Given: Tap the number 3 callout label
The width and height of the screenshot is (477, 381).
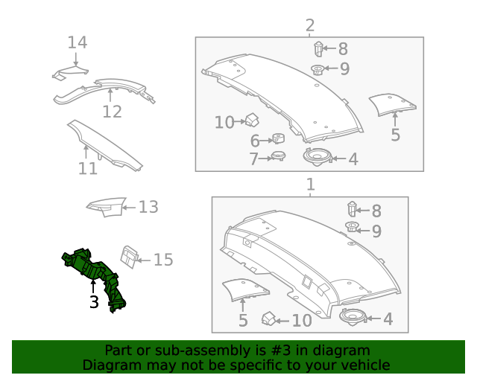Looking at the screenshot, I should point(94,303).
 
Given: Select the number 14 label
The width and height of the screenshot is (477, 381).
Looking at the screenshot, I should point(78,42).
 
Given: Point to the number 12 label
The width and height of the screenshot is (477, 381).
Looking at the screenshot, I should point(112,112).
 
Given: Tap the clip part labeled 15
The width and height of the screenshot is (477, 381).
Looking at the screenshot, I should point(129,256).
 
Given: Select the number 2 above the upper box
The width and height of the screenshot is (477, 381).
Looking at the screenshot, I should point(309,27).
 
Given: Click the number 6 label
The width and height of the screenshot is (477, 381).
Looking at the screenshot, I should point(255,141).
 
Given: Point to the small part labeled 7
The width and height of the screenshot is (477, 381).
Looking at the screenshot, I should point(279,156).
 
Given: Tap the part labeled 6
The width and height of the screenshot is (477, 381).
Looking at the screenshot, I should point(279,138).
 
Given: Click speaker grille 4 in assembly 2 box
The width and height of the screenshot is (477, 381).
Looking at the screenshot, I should point(316,156).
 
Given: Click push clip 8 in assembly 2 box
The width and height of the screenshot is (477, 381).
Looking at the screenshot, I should point(318,50).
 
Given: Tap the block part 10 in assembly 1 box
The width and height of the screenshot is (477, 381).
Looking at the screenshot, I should point(269,319).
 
